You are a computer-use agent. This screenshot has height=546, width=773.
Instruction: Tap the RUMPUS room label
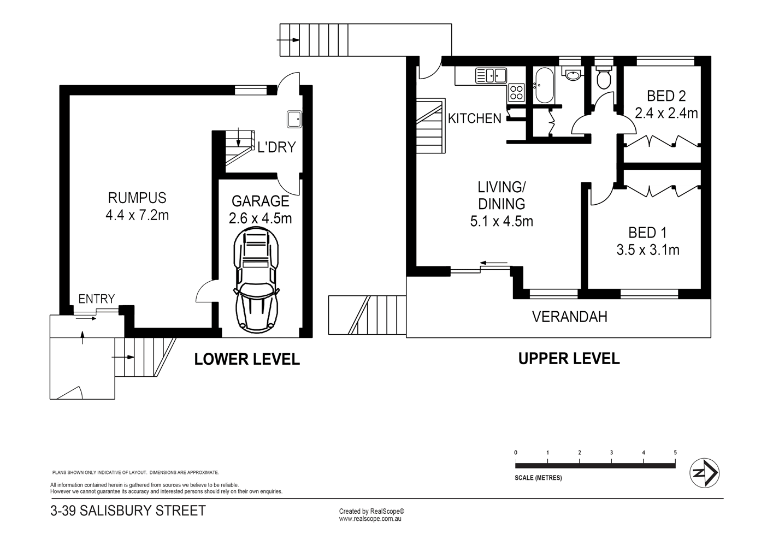[137, 198]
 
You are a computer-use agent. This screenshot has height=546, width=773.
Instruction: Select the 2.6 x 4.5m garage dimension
[260, 218]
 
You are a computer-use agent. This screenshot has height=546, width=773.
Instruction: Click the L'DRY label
[276, 147]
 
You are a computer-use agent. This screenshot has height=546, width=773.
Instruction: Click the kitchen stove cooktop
[516, 93]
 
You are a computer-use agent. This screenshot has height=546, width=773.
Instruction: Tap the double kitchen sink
[491, 75]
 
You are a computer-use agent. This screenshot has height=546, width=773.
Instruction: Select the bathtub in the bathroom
[544, 85]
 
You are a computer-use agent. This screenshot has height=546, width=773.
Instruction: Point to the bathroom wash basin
[573, 75]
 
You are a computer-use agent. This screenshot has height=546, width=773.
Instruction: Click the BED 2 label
[666, 96]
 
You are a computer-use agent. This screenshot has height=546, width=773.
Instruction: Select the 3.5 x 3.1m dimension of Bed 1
[648, 250]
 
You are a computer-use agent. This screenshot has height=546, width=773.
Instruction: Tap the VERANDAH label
[570, 317]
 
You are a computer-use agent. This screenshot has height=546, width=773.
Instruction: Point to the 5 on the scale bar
[675, 453]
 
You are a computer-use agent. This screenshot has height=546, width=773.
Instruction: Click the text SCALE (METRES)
[538, 478]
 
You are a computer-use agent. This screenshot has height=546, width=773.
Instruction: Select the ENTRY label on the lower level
[97, 299]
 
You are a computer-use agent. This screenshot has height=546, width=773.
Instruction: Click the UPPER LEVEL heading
[569, 359]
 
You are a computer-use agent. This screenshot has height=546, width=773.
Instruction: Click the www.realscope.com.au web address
[370, 519]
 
